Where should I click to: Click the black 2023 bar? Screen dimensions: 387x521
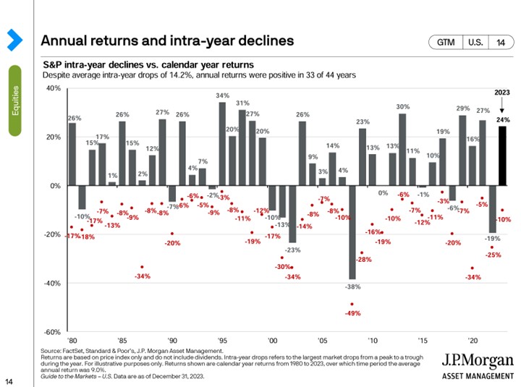tap(501, 156)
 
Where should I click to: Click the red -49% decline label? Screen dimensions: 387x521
tap(352, 313)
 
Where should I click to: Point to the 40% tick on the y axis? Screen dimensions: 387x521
tap(53, 88)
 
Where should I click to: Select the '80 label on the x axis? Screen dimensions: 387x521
tap(72, 340)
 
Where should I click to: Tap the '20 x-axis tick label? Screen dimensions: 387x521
tap(472, 340)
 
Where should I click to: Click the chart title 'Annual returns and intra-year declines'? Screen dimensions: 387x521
tap(167, 40)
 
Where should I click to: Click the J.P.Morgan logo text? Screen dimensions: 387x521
tap(478, 361)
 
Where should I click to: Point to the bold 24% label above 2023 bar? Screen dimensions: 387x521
tap(501, 120)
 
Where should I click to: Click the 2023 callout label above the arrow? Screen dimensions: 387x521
tap(501, 93)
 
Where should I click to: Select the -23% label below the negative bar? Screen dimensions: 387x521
tap(292, 250)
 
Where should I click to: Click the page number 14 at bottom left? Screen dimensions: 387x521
tap(10, 380)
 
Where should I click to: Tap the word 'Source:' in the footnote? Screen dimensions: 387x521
tap(52, 350)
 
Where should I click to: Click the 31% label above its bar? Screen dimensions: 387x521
tap(242, 103)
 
